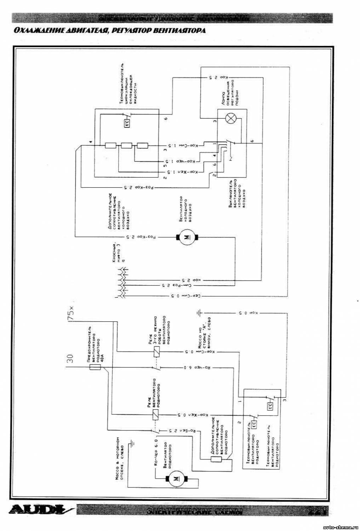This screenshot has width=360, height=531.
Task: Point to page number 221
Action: point(316,510)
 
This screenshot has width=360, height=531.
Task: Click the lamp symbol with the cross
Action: point(231,119)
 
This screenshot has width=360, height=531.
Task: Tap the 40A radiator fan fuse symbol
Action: point(94,368)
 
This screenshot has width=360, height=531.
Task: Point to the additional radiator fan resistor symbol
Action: point(216,459)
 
